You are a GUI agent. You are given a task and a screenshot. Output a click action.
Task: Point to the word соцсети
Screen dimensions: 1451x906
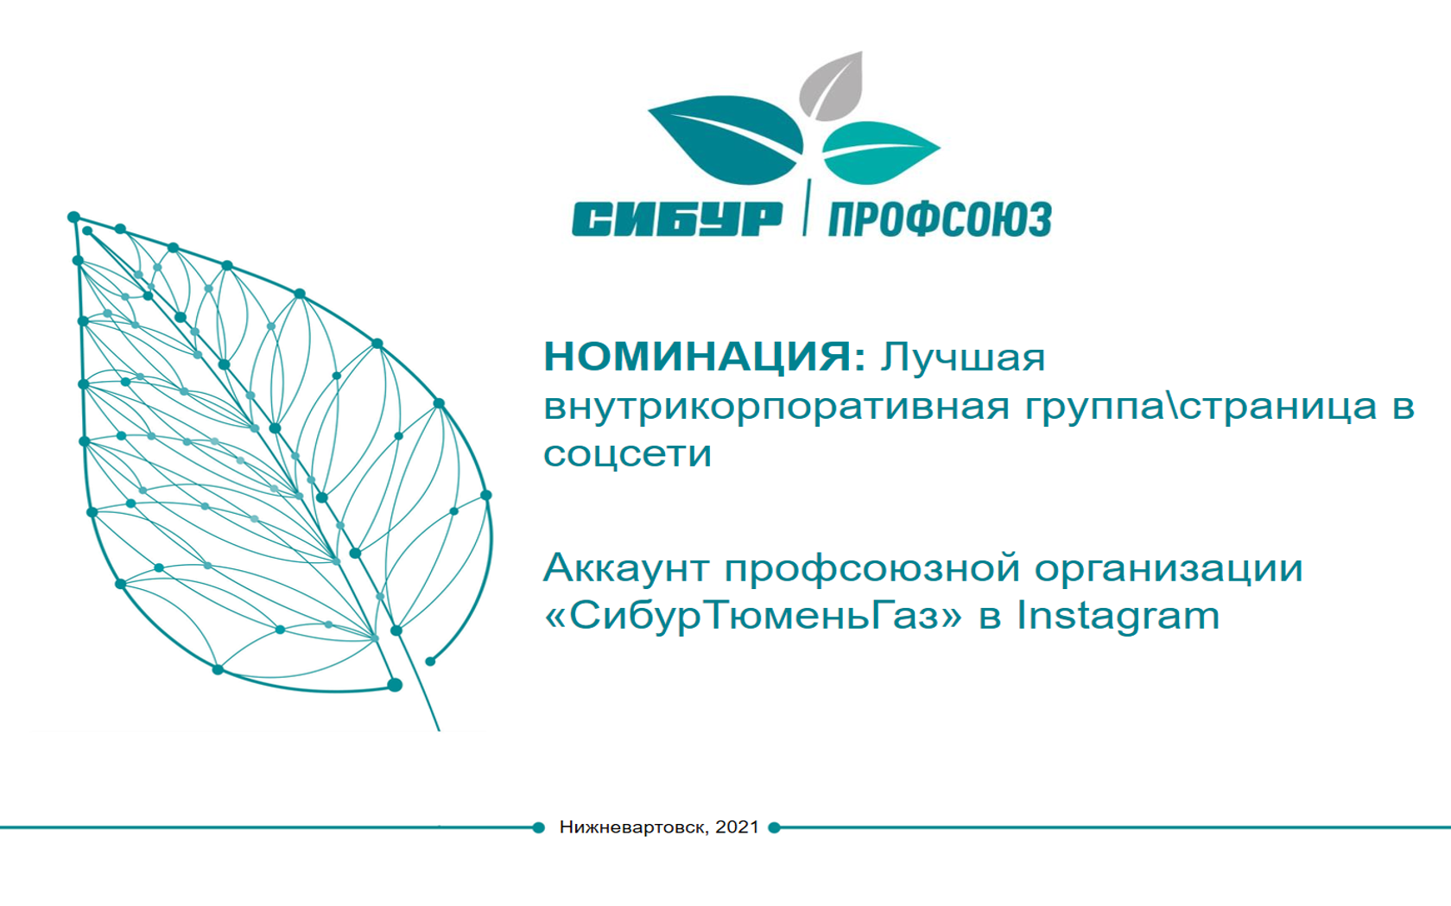(x=627, y=454)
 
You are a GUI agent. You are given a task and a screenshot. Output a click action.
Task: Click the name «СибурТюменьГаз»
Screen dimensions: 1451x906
(x=753, y=617)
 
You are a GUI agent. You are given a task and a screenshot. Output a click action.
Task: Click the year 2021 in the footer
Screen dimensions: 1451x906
(x=737, y=827)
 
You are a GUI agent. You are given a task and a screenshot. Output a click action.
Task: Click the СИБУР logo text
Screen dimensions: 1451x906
(x=677, y=219)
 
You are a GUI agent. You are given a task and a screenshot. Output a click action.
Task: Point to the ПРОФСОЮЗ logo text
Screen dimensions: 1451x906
(x=940, y=219)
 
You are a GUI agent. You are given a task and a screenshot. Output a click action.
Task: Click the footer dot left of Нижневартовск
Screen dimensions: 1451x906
(x=538, y=827)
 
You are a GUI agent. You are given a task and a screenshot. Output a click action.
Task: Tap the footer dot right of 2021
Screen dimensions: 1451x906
(x=774, y=827)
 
